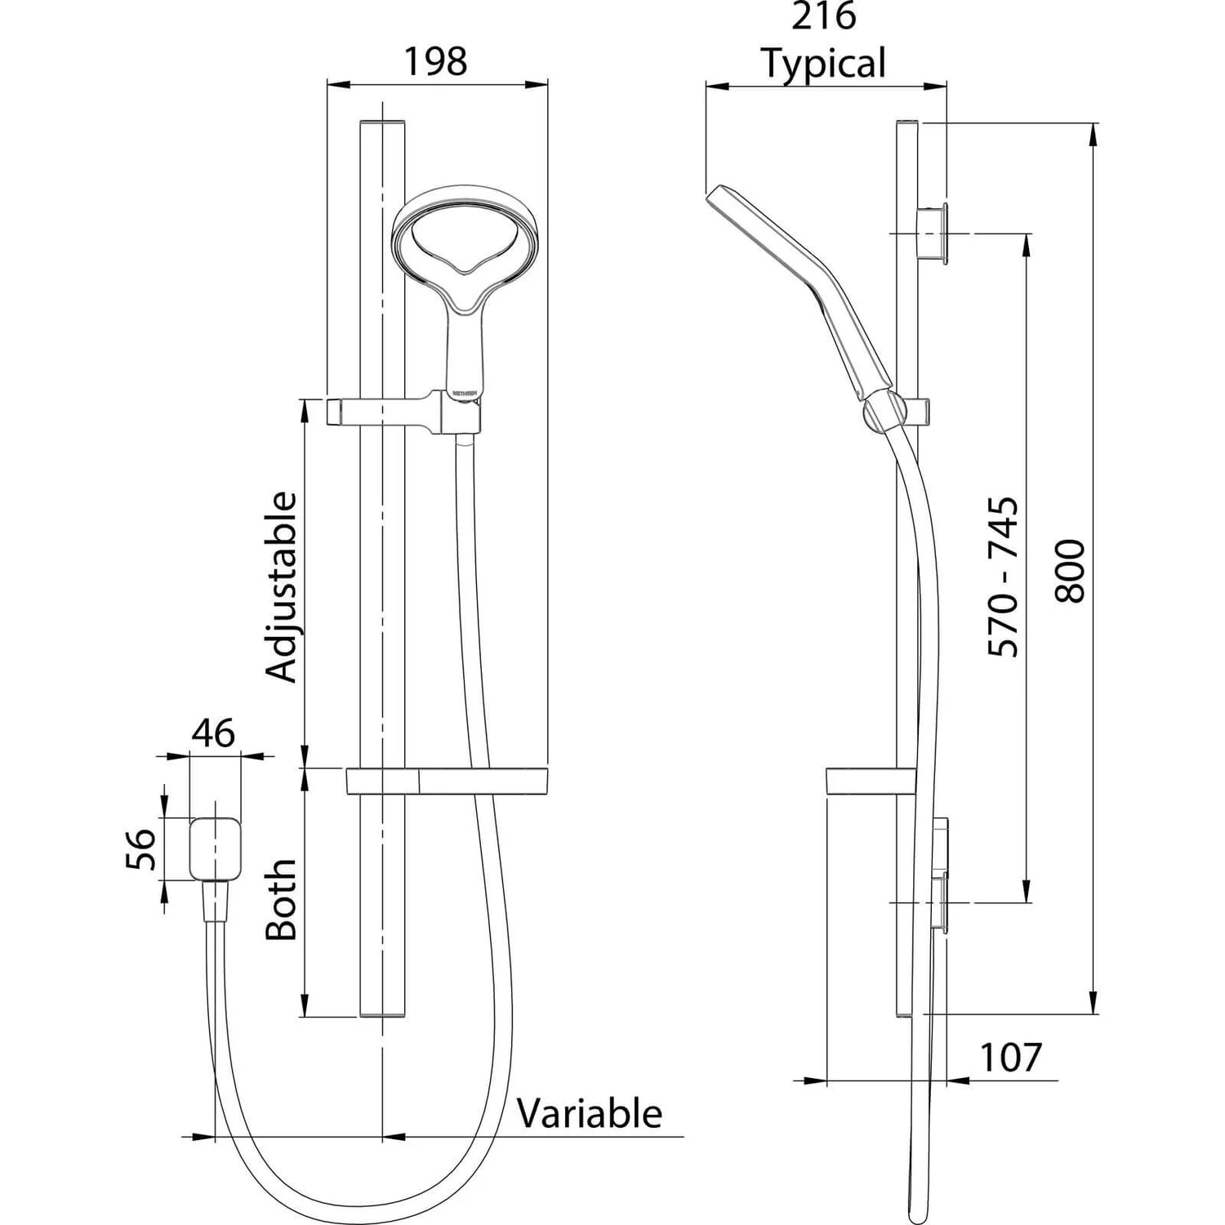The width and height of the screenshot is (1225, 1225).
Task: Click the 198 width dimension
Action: tap(436, 61)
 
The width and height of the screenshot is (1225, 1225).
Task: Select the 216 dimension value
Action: tap(823, 16)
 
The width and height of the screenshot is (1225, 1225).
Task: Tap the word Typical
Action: tap(823, 64)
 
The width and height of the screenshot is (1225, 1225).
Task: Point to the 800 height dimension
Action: tap(1071, 571)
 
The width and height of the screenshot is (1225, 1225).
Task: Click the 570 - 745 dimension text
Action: tap(1004, 577)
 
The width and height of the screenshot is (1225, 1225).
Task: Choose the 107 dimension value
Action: tap(1010, 1058)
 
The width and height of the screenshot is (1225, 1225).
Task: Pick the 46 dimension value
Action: tap(214, 733)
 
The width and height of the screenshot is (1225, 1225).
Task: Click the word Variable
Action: tap(589, 1114)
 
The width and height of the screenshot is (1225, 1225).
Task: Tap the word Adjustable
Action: tap(283, 586)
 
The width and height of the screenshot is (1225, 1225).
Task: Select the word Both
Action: tap(283, 899)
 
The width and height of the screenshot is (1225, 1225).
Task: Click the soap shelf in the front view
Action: tap(447, 781)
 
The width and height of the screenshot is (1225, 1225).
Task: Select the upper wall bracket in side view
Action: tap(932, 234)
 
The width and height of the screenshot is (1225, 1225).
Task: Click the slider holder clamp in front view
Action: tap(404, 412)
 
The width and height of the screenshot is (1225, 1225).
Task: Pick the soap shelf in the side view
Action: tap(869, 782)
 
